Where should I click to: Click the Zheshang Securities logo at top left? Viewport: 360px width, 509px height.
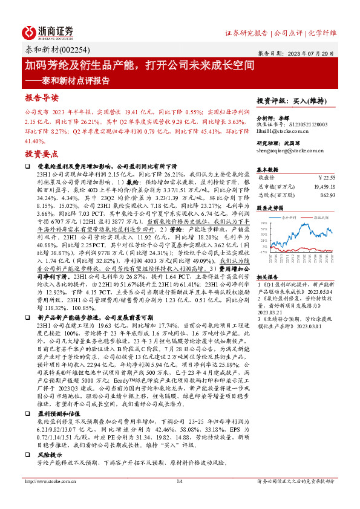[49, 31]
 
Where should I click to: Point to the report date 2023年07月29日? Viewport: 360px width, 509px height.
[314, 53]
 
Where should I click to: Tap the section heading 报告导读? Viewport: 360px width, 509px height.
[41, 97]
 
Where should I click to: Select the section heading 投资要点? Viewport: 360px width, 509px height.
[41, 154]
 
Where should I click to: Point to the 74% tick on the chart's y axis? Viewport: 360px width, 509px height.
[264, 224]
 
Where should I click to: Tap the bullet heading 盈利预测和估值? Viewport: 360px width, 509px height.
[59, 413]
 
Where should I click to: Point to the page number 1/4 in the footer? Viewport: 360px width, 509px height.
[179, 498]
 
